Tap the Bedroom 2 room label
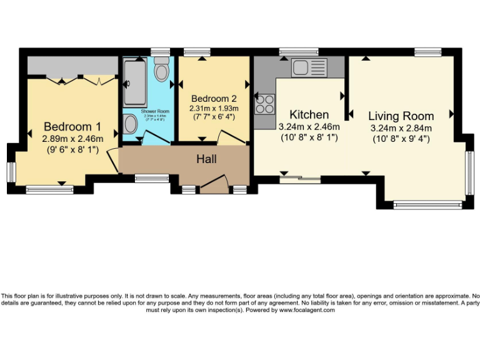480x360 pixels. coord(214,98)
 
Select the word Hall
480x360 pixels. coord(206,159)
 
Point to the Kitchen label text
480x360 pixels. coord(309,114)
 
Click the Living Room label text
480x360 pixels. coord(401,116)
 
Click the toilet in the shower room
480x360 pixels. coord(162,71)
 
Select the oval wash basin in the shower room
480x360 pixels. coord(131,124)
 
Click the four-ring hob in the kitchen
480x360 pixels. coord(264,103)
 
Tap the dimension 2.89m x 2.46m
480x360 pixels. coord(72,139)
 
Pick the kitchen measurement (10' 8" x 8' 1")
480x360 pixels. coord(309,137)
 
